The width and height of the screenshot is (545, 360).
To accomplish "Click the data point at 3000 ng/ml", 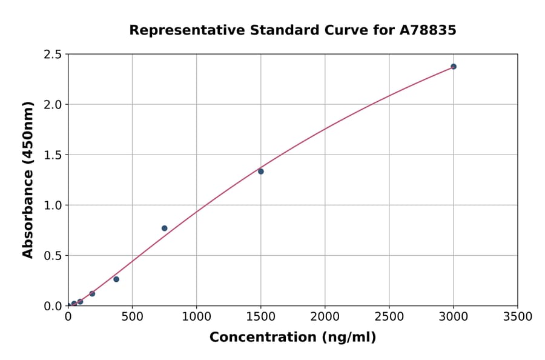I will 454,67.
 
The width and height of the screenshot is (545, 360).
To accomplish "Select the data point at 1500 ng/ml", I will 261,172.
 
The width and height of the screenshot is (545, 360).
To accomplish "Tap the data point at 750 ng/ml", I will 165,228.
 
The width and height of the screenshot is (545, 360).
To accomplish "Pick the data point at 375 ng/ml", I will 116,279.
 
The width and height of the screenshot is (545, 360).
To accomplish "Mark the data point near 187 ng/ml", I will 92,294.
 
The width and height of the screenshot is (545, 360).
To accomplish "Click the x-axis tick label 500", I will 132,316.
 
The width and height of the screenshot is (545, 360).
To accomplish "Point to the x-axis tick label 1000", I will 196,316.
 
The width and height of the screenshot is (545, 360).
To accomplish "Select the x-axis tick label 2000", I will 325,316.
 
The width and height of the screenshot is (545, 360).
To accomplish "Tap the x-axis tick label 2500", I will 389,316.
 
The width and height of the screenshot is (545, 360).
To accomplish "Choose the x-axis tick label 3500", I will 518,316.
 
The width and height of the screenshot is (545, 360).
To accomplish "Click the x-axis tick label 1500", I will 261,316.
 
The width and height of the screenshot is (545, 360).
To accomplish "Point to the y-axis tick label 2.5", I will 53,55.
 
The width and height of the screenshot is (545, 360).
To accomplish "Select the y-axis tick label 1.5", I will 53,155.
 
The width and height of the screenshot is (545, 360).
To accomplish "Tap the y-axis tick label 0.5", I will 53,256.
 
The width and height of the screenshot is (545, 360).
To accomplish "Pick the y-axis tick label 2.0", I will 53,105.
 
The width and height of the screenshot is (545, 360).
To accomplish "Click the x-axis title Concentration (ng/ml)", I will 292,338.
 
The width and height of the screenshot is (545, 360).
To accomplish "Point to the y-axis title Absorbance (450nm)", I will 28,180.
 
